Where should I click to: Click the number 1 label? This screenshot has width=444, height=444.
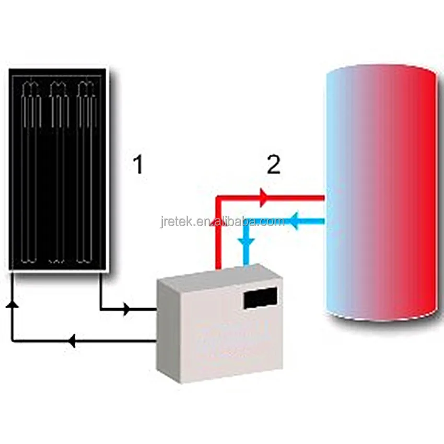click(137, 166)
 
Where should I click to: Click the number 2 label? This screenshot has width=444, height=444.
click(274, 165)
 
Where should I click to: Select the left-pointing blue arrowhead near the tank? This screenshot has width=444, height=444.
click(294, 223)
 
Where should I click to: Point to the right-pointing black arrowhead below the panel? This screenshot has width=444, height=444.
click(126, 310)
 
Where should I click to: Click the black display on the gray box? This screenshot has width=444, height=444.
click(260, 298)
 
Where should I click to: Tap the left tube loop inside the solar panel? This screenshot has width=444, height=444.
click(31, 172)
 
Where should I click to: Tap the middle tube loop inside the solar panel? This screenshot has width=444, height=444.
click(57, 172)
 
